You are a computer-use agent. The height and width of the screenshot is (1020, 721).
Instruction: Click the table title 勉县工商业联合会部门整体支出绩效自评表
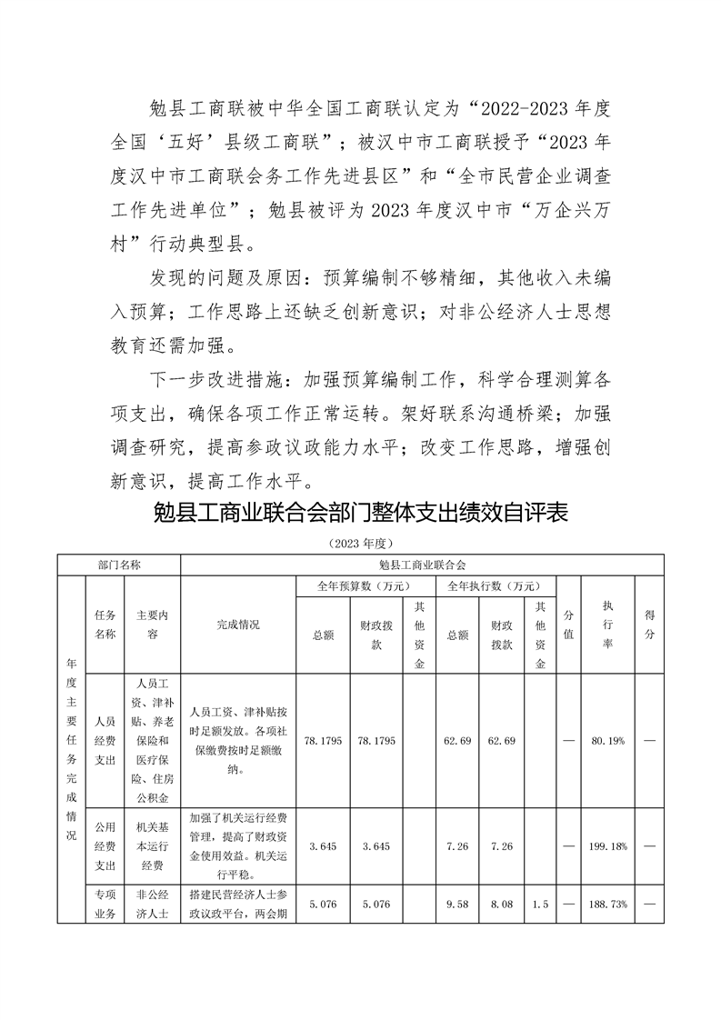[361, 513]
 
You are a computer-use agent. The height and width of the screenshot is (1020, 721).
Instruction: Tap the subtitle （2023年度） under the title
[360, 544]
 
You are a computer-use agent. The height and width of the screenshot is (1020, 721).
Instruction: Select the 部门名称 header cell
[119, 565]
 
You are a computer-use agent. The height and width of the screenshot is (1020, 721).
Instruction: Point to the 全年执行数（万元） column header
[495, 586]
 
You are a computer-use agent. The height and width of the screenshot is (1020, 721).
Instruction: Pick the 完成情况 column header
[238, 625]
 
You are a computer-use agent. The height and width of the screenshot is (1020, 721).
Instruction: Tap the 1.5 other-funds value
[540, 905]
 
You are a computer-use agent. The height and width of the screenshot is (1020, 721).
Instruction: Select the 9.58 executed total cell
[457, 905]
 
